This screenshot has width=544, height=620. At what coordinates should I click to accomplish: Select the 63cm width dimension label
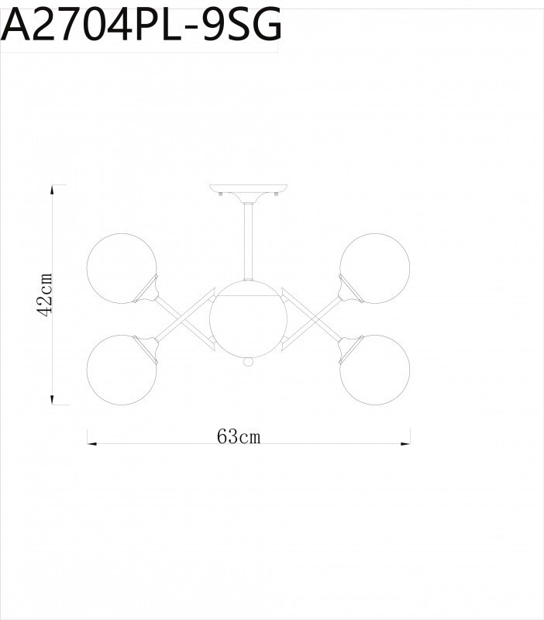click(239, 437)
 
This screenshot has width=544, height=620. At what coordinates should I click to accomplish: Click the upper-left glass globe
click(120, 267)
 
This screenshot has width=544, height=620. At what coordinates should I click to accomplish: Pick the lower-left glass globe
click(120, 369)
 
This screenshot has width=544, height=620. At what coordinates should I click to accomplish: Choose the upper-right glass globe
click(375, 267)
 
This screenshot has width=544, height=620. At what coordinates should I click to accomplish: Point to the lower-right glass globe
click(375, 369)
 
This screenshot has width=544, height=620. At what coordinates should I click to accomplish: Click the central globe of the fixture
click(248, 319)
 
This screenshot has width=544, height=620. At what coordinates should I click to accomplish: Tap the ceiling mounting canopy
click(248, 191)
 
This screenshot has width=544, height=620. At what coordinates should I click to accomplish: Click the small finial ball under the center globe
click(248, 362)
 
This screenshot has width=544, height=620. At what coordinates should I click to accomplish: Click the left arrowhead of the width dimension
click(91, 443)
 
